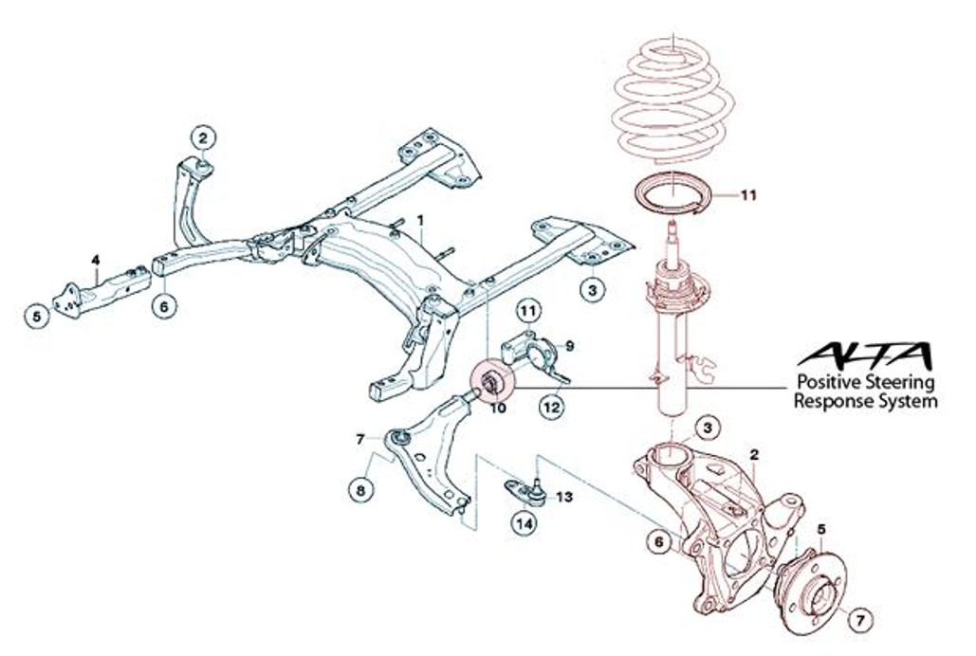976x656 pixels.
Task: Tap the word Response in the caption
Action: pyautogui.click(x=830, y=401)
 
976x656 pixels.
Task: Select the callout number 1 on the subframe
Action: pyautogui.click(x=419, y=219)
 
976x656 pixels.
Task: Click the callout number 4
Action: pyautogui.click(x=95, y=259)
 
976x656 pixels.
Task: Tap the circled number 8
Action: pyautogui.click(x=359, y=489)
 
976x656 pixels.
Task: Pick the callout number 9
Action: pyautogui.click(x=570, y=345)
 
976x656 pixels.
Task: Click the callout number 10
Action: pyautogui.click(x=495, y=408)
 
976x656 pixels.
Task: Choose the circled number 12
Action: pyautogui.click(x=552, y=408)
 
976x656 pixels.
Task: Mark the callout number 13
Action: pyautogui.click(x=564, y=496)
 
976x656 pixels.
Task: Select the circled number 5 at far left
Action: pyautogui.click(x=37, y=317)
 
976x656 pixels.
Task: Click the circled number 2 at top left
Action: pyautogui.click(x=203, y=137)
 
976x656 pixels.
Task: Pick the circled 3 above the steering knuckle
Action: pyautogui.click(x=706, y=428)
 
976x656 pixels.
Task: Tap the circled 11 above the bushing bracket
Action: pyautogui.click(x=527, y=309)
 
